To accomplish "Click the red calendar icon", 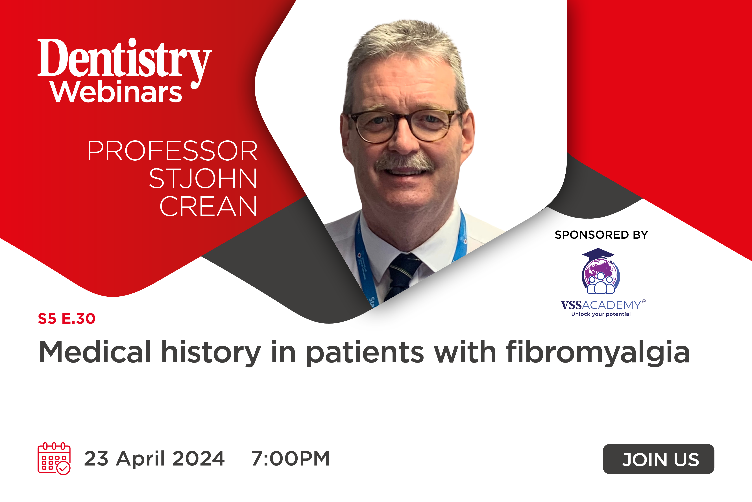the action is [54, 458].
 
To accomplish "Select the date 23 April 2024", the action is [154, 458].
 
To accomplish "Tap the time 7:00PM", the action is [290, 458].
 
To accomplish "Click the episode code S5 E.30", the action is [67, 318].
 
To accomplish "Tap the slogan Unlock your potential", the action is [601, 314].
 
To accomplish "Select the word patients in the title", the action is [365, 352].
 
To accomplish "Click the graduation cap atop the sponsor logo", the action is [598, 255].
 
